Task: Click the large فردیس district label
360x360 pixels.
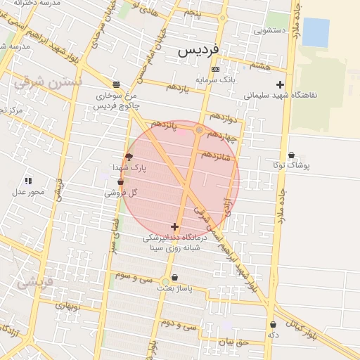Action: click(x=198, y=51)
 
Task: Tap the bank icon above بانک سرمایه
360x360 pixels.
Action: click(x=215, y=69)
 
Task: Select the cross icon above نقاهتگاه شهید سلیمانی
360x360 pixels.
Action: click(x=280, y=84)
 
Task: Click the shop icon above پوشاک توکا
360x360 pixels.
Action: click(x=291, y=155)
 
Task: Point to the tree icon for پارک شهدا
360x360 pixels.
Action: click(x=129, y=157)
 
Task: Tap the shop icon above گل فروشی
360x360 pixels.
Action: click(x=120, y=182)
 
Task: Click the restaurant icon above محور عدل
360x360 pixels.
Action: click(x=28, y=181)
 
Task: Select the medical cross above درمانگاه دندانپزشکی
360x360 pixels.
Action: click(x=175, y=226)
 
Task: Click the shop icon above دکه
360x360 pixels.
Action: click(x=273, y=325)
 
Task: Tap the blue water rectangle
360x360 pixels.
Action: click(x=316, y=32)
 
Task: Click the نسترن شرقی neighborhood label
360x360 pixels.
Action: click(x=48, y=82)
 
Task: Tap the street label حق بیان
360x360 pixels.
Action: click(x=233, y=342)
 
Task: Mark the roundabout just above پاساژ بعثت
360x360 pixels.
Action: click(x=165, y=281)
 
